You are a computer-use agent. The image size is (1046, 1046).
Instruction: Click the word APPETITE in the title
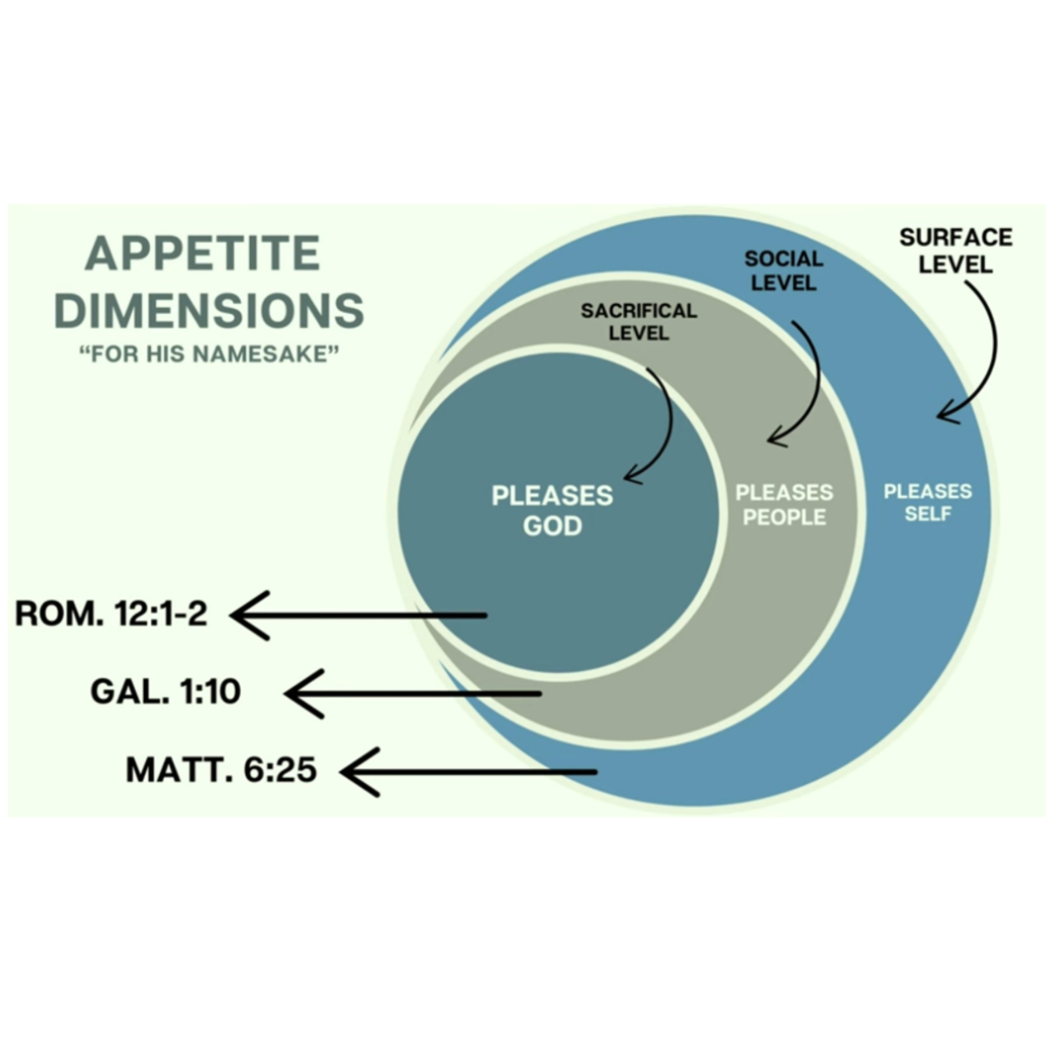click(x=203, y=253)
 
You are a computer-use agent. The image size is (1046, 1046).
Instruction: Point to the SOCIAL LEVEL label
click(x=783, y=271)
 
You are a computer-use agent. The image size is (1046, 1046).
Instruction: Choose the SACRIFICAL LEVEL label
click(x=639, y=321)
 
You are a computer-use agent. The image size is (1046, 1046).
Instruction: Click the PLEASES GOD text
click(x=552, y=510)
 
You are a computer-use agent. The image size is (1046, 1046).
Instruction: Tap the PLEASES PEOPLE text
click(x=784, y=505)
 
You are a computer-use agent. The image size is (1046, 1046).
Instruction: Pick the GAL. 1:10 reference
click(x=166, y=692)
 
